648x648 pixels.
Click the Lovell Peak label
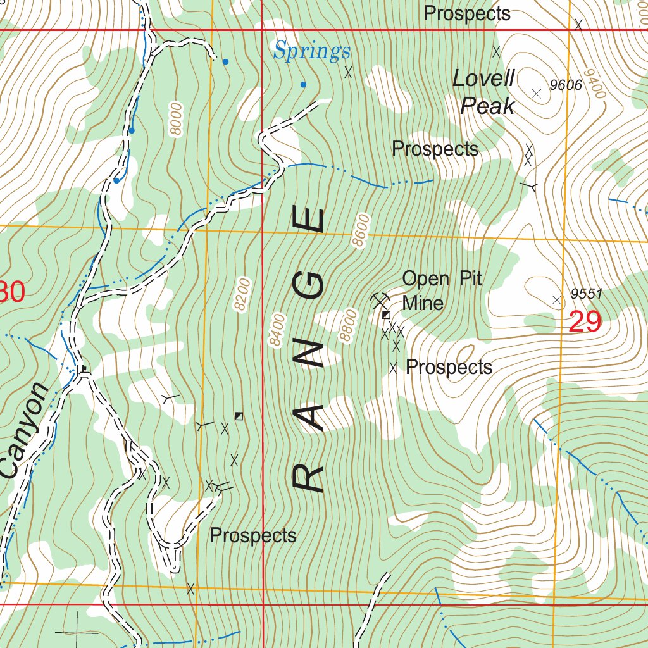pos(485,92)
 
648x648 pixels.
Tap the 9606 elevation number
pos(565,85)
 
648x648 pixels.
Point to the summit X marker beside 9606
pos(537,94)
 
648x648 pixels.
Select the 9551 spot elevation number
pos(585,294)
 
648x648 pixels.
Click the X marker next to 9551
pos(557,300)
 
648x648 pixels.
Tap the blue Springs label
pos(312,51)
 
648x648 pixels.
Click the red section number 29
pos(585,322)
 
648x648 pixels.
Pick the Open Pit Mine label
pos(442,290)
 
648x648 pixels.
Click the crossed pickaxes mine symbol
pos(380,299)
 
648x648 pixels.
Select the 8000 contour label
pos(176,118)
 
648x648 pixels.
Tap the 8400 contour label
pos(277,330)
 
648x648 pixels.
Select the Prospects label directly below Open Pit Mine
pos(449,367)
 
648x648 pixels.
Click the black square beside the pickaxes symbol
pos(385,314)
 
